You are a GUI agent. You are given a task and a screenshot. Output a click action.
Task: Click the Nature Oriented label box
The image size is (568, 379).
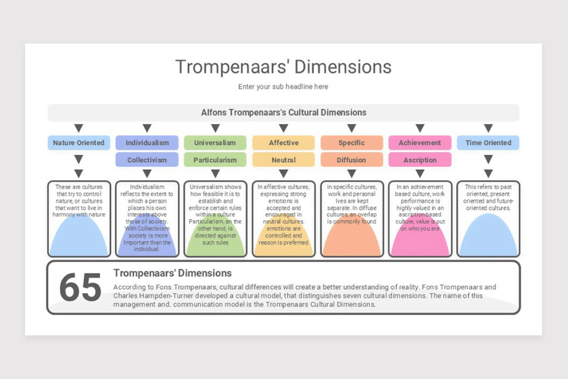tap(79, 143)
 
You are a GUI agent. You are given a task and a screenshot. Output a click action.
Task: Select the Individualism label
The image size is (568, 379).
tap(147, 143)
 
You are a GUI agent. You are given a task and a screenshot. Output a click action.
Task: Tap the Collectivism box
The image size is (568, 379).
tap(147, 160)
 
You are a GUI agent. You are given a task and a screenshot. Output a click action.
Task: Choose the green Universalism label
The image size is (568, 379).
tap(215, 143)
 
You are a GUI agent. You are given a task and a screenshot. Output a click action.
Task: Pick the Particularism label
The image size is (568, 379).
tap(215, 160)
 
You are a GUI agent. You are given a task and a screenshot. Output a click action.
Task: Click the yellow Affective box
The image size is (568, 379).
tap(284, 143)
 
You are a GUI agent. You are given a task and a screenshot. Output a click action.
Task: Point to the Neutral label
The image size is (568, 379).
tap(284, 160)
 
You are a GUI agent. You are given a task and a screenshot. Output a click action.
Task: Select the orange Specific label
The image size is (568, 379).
tap(351, 143)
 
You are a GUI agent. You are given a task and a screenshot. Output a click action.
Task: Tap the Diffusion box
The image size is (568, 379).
tap(351, 160)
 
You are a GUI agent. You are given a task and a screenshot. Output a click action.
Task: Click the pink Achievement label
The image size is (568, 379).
tap(420, 143)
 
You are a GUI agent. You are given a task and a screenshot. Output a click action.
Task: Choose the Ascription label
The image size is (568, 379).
tap(420, 160)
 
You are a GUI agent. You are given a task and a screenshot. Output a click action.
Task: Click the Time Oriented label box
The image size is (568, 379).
tap(488, 143)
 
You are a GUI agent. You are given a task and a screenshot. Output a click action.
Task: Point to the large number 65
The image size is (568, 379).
tap(80, 288)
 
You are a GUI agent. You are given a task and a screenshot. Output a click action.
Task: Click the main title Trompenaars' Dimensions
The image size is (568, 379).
tap(283, 67)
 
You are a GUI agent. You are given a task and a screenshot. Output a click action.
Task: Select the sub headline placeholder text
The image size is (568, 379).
tap(283, 87)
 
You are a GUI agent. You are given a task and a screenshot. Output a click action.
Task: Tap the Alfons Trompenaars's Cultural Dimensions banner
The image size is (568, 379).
tap(283, 113)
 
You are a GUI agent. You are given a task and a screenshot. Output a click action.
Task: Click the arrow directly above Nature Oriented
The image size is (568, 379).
tap(79, 128)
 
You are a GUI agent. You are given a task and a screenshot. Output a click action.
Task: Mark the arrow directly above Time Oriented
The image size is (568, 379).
tap(488, 128)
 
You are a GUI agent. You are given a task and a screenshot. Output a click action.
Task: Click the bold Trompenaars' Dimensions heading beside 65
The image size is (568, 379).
tap(172, 273)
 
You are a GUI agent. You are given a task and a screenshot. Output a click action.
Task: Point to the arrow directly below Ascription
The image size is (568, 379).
tap(420, 174)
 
